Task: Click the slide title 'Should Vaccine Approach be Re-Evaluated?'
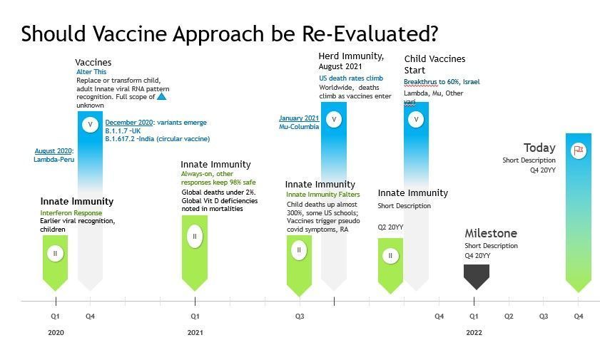pyautogui.click(x=229, y=34)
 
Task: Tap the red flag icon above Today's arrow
pyautogui.click(x=579, y=150)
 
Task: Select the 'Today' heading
pyautogui.click(x=539, y=148)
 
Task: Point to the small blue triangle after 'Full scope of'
pyautogui.click(x=161, y=96)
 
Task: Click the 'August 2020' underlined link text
pyautogui.click(x=53, y=151)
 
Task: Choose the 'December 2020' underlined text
pyautogui.click(x=125, y=123)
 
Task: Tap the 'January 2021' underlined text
pyautogui.click(x=298, y=118)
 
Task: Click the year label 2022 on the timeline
pyautogui.click(x=474, y=333)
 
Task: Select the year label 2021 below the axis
pyautogui.click(x=195, y=333)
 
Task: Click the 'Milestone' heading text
pyautogui.click(x=491, y=234)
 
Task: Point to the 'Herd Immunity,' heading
pyautogui.click(x=351, y=56)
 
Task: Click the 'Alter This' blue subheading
pyautogui.click(x=91, y=73)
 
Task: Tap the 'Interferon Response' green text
pyautogui.click(x=71, y=213)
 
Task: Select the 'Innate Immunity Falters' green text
pyautogui.click(x=322, y=195)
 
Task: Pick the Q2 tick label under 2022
pyautogui.click(x=509, y=316)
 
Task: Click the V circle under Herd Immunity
pyautogui.click(x=333, y=119)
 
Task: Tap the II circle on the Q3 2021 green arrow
pyautogui.click(x=299, y=250)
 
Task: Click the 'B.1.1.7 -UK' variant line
pyautogui.click(x=123, y=131)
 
